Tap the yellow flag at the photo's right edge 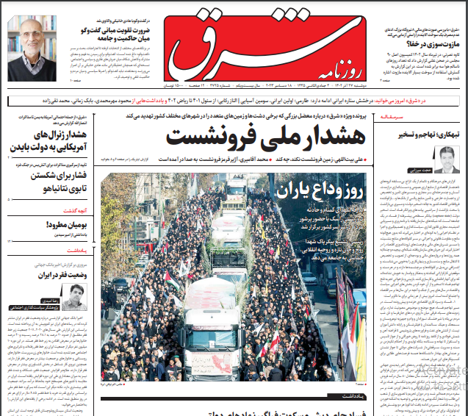pyautogui.click(x=358, y=345)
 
